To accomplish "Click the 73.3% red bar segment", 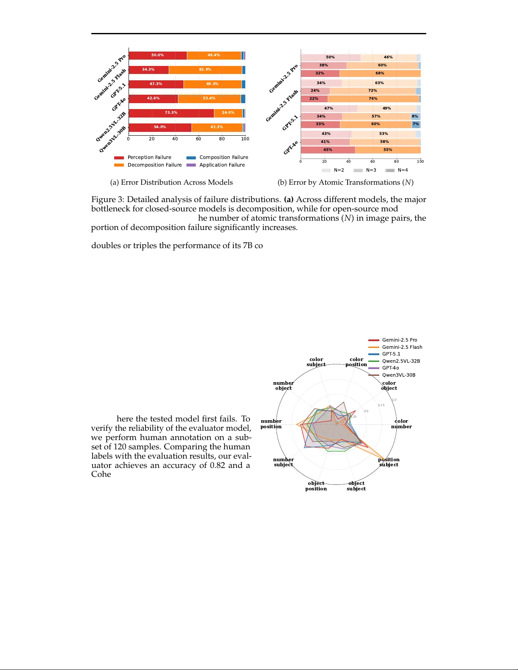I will tap(171, 113).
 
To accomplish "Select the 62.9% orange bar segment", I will tap(205, 70).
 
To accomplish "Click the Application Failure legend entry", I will tap(216, 165).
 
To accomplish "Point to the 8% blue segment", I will tap(415, 116).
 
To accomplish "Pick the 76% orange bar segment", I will tap(373, 98).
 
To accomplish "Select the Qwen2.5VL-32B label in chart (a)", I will tap(111, 126).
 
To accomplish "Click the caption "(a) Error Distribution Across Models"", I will tap(171, 182).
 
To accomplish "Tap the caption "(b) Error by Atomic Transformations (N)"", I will tap(345, 182).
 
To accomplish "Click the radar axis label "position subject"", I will tap(389, 462).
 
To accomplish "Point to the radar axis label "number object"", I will tap(283, 386).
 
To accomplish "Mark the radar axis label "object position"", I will tap(316, 486).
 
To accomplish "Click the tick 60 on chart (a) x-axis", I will tap(198, 139).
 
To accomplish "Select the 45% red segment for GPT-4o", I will tap(328, 150).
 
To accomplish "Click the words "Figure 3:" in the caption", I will tap(107, 200).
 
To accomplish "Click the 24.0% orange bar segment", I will tap(228, 113).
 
